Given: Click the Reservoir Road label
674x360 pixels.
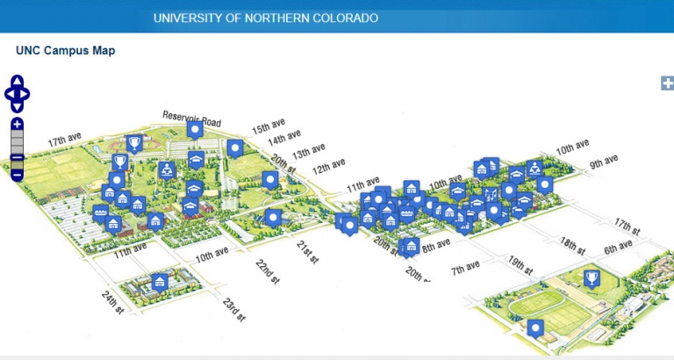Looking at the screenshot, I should [191, 119].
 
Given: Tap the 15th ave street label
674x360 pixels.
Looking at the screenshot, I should [269, 127].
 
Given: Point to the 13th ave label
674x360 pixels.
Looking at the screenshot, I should [308, 150].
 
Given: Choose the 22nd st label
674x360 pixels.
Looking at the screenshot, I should [267, 271].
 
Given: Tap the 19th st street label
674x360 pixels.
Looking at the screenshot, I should [520, 263].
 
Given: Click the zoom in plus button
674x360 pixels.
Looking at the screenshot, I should [18, 125].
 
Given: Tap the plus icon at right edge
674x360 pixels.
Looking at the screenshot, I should [666, 83].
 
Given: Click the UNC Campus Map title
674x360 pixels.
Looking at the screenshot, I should [66, 51].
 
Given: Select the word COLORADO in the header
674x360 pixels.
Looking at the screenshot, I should [346, 18].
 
